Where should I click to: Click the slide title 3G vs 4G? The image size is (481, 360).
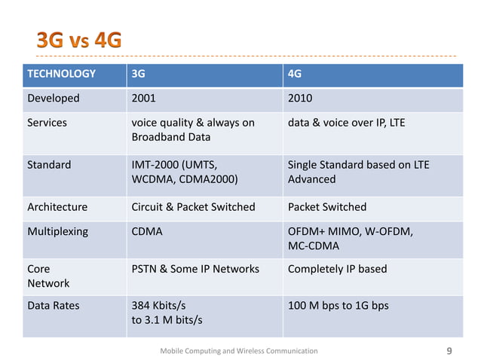(x=79, y=39)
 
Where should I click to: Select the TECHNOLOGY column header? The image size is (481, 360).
(x=62, y=74)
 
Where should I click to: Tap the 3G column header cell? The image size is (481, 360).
(x=139, y=74)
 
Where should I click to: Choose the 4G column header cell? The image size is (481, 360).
(x=296, y=74)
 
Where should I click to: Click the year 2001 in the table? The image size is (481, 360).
(x=144, y=98)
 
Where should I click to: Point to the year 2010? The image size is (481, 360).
(x=300, y=98)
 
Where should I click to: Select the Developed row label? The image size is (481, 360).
(x=54, y=98)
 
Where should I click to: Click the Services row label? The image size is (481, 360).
(x=47, y=122)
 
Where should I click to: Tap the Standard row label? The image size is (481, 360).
(x=49, y=164)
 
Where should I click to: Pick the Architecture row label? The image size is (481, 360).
(x=57, y=206)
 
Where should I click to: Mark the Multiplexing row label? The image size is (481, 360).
(x=58, y=231)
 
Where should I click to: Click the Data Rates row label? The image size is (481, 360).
(x=53, y=306)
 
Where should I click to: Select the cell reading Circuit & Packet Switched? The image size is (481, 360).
(x=193, y=206)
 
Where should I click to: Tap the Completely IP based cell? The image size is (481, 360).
(x=337, y=269)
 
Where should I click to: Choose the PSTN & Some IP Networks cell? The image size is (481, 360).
(x=195, y=269)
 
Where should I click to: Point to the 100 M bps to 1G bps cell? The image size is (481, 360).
(x=339, y=306)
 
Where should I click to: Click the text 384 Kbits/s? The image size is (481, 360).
(x=158, y=306)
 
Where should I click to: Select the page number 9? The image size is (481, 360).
(x=450, y=350)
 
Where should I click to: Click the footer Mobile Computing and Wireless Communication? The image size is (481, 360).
(x=240, y=351)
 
